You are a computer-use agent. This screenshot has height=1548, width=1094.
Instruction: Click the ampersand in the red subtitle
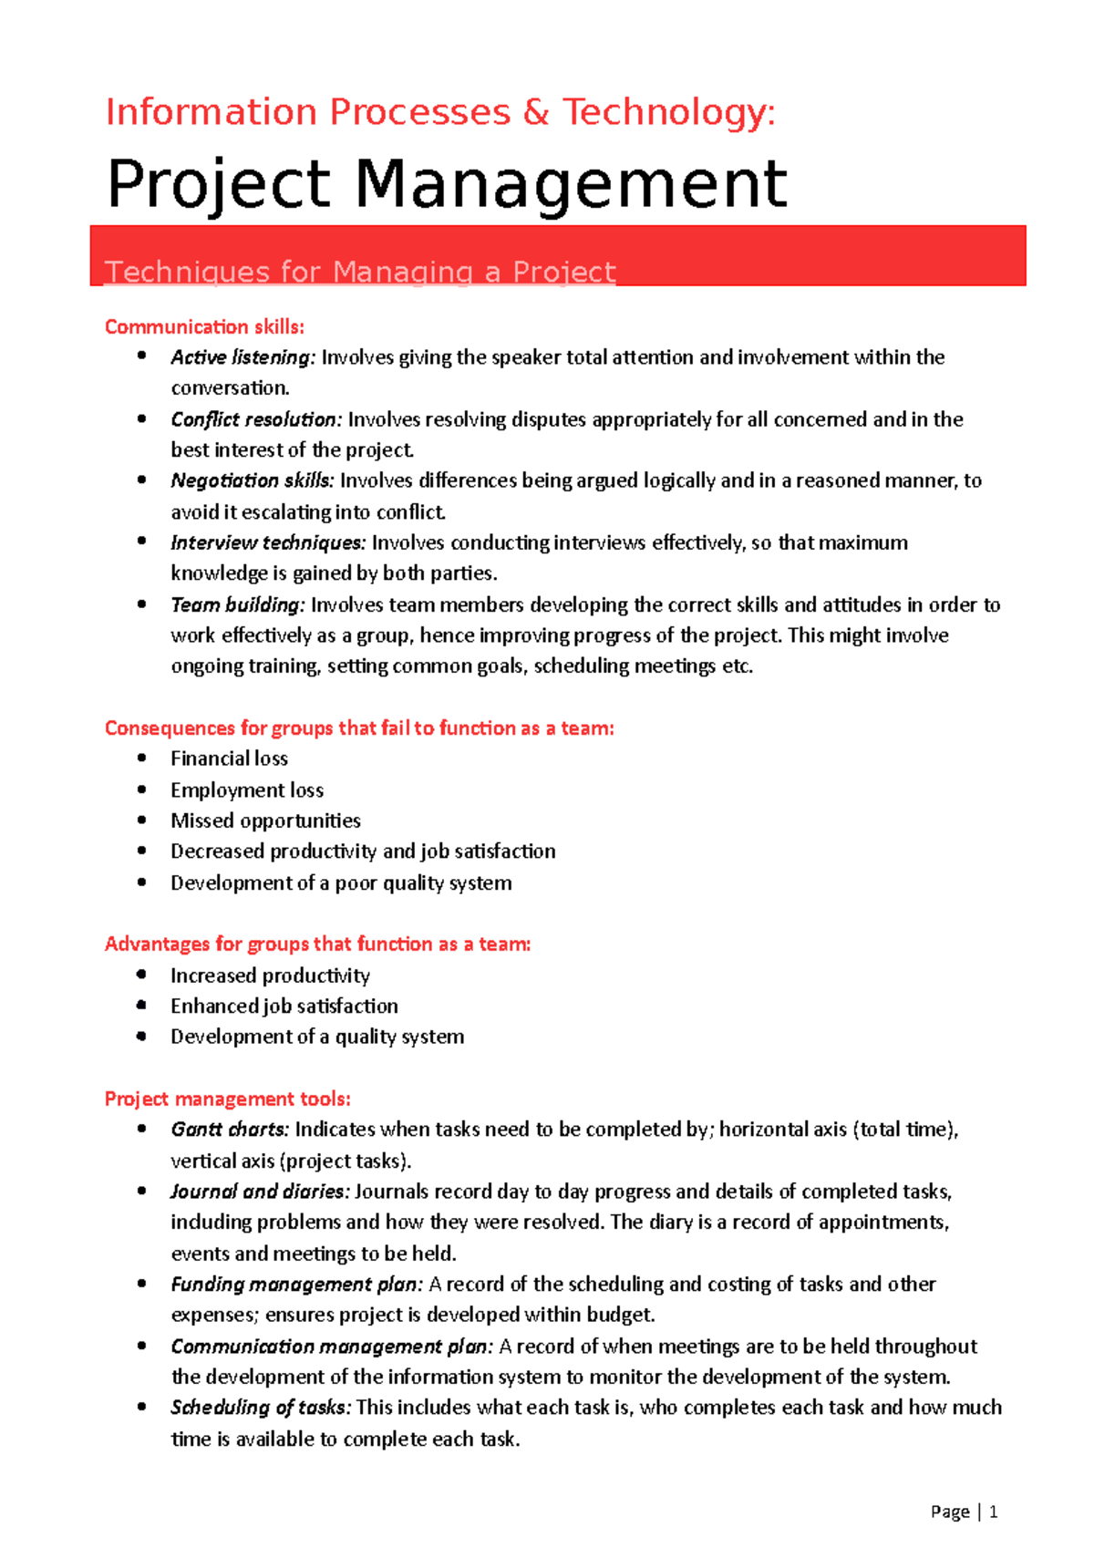pos(536,113)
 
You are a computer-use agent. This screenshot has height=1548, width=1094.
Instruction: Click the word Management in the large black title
pos(570,184)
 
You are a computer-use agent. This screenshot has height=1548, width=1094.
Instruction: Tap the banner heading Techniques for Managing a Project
pos(360,272)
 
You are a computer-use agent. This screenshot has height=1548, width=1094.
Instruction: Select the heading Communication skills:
pos(204,326)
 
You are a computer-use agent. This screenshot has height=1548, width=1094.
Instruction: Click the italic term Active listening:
pos(243,357)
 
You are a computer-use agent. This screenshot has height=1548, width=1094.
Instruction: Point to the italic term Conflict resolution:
pos(256,419)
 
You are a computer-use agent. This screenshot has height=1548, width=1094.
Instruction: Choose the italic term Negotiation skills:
pos(253,480)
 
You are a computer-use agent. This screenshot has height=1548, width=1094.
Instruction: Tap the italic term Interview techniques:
pos(268,542)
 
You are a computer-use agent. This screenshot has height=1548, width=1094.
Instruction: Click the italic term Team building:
pos(237,604)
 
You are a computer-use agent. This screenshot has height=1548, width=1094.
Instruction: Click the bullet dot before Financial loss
pos(141,758)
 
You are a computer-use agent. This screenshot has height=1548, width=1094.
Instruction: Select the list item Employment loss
pos(247,789)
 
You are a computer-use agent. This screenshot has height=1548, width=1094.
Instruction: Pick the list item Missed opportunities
pos(265,820)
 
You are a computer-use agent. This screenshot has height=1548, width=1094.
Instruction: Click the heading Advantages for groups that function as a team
pos(317,944)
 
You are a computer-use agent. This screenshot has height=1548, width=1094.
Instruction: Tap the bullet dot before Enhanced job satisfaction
pos(141,1005)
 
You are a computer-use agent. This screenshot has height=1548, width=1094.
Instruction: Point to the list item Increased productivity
pos(270,975)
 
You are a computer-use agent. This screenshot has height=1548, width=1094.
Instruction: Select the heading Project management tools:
pos(227,1099)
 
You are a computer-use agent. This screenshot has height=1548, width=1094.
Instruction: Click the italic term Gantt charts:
pos(230,1130)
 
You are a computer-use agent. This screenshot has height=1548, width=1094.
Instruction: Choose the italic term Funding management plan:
pos(296,1285)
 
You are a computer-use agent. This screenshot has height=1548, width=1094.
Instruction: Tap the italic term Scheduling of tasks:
pos(260,1408)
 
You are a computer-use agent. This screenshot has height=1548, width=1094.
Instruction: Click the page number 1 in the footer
pos(993,1512)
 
